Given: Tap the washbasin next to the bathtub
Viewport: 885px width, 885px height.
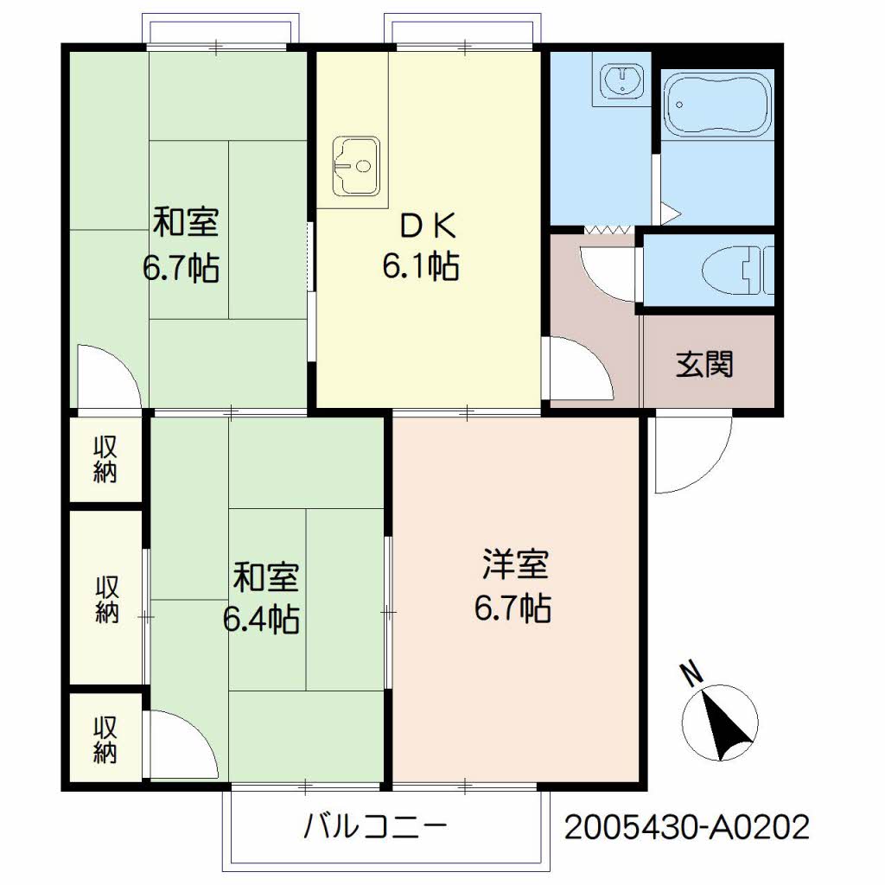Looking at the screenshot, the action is pos(622,80).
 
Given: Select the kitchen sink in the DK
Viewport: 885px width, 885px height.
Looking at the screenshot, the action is pos(355,166).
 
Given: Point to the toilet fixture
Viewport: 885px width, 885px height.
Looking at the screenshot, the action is pos(740,271).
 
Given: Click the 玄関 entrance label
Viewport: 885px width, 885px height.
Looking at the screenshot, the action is pos(704,364).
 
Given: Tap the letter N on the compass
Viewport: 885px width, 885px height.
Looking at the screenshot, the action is pos(691,674).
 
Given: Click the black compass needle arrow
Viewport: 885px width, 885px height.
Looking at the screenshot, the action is pos(725,724).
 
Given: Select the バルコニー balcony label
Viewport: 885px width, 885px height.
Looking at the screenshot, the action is pos(375,827).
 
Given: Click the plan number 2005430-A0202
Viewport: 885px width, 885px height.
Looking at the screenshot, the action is pos(687,827).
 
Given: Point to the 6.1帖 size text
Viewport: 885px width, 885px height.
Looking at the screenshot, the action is pos(421,266).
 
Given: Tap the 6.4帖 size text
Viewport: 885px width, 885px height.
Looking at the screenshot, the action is pos(261,619).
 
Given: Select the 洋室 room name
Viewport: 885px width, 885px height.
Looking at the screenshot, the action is pos(515,564).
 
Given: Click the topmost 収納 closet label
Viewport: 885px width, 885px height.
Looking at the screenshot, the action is pos(105,460).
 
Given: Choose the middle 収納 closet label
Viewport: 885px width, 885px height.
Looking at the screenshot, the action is pos(106,599).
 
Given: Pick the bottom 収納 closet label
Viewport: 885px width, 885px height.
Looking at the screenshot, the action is pos(105,740).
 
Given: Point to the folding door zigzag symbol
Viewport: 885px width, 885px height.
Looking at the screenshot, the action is pos(608,230).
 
